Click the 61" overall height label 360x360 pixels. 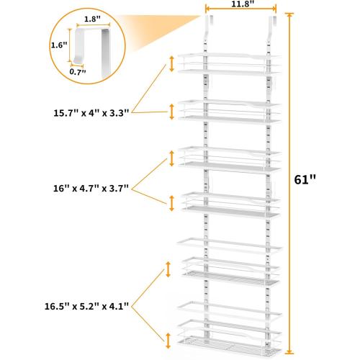pyautogui.click(x=305, y=179)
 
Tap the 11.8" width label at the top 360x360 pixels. pyautogui.click(x=241, y=4)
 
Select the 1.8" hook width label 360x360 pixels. pyautogui.click(x=92, y=19)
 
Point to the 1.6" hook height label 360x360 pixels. pyautogui.click(x=59, y=45)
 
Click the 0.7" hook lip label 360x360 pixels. pyautogui.click(x=78, y=71)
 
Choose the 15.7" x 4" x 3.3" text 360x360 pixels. pyautogui.click(x=91, y=113)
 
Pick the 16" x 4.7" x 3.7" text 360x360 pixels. pyautogui.click(x=91, y=188)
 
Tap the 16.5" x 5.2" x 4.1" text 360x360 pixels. pyautogui.click(x=86, y=306)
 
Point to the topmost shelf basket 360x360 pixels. pyautogui.click(x=229, y=64)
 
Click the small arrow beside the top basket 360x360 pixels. pyautogui.click(x=171, y=64)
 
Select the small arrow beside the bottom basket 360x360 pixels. pyautogui.click(x=168, y=341)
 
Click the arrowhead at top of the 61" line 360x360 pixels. pyautogui.click(x=289, y=15)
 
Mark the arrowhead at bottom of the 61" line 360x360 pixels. pyautogui.click(x=289, y=351)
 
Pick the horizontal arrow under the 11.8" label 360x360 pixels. pyautogui.click(x=241, y=9)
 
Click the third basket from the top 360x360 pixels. pyautogui.click(x=229, y=159)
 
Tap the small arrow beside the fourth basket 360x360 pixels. pyautogui.click(x=171, y=203)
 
